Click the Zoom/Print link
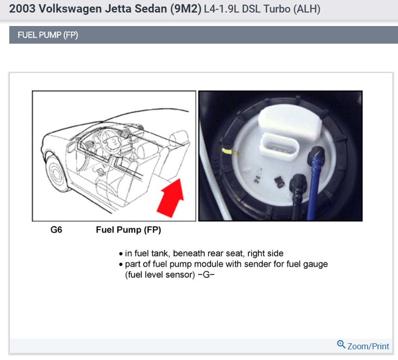(x=368, y=346)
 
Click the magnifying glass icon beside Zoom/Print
(x=341, y=345)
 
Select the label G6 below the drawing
(x=56, y=229)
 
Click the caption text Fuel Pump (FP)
(x=128, y=229)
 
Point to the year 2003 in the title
(x=21, y=9)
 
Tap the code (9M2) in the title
(x=184, y=9)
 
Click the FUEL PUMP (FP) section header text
(x=47, y=35)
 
